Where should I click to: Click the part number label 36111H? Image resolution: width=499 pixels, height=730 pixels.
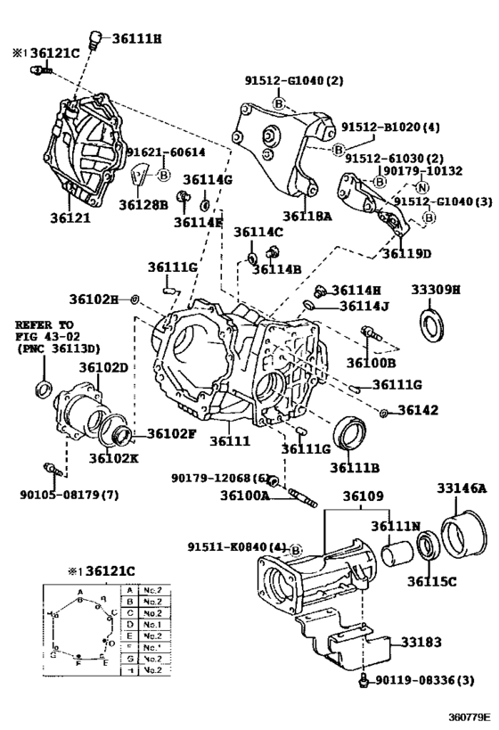(x=137, y=37)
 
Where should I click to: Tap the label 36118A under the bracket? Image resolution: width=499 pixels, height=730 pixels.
(x=307, y=216)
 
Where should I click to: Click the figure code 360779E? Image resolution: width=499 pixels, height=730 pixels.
(x=466, y=717)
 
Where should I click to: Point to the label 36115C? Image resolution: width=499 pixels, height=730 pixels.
(x=432, y=582)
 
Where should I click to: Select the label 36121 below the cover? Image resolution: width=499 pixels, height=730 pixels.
(x=70, y=217)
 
